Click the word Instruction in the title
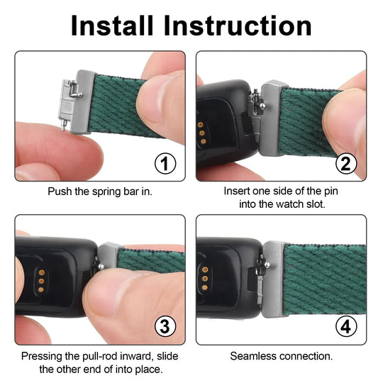[238, 26]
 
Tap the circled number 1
[165, 165]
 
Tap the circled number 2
[346, 165]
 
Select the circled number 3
[165, 327]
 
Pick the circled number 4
[346, 327]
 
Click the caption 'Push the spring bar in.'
[99, 191]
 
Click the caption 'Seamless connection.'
[282, 355]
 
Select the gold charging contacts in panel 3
[41, 278]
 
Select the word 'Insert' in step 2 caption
[238, 191]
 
